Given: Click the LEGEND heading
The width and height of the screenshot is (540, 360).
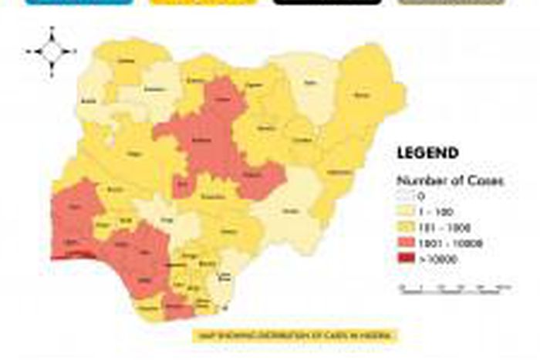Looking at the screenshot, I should pos(427,153).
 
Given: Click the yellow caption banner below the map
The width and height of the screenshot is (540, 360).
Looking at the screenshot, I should pos(296,335).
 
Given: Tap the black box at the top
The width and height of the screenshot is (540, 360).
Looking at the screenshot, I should pos(327,2).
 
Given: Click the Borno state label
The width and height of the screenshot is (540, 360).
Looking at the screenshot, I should pos(361,96).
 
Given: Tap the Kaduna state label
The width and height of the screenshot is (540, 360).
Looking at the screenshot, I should pos(201,141).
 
